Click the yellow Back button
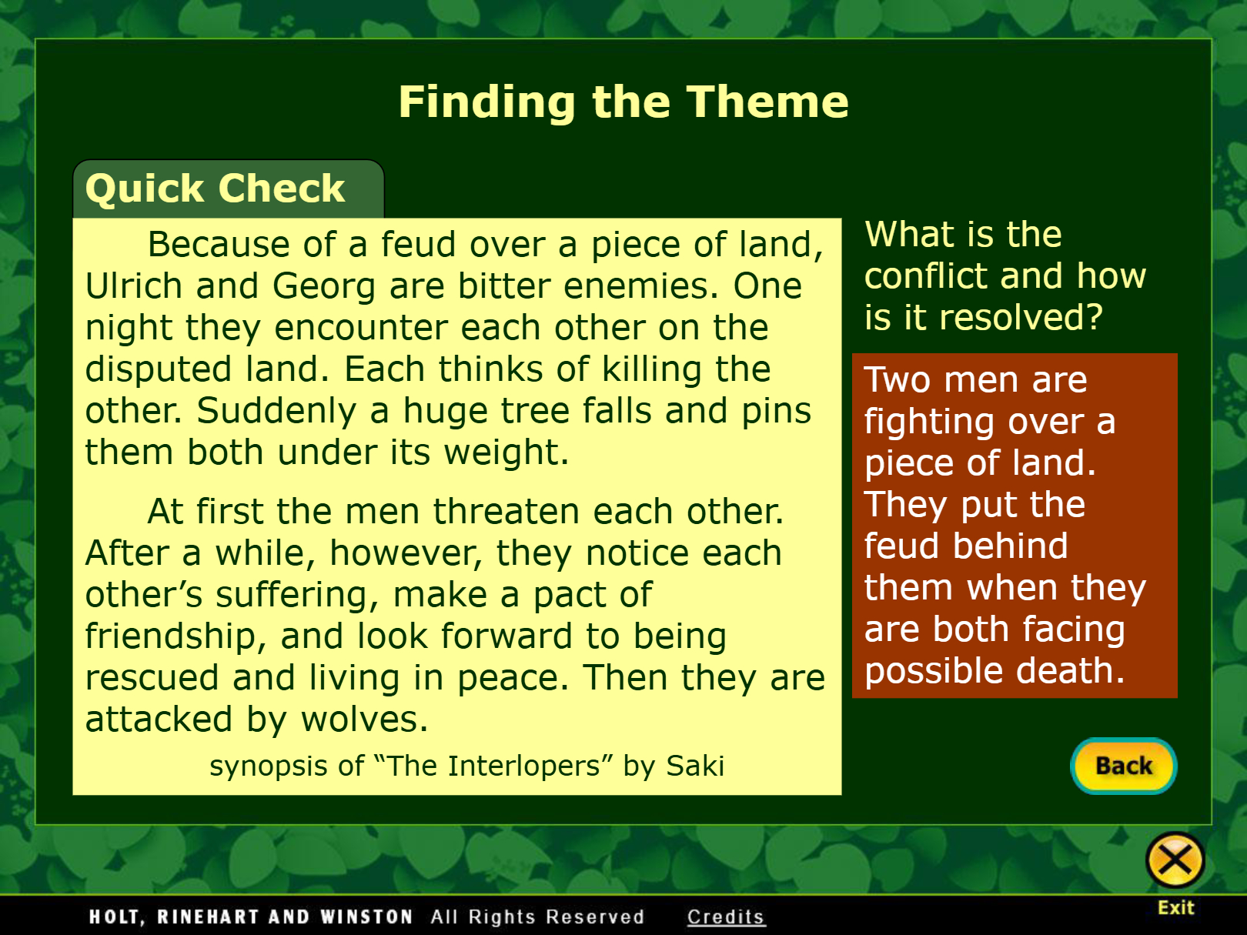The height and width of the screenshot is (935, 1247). coord(1123,766)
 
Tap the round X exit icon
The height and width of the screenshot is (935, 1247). coord(1175,860)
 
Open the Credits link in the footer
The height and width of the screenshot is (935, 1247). coord(725,917)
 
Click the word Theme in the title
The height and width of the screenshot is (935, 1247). coord(768,102)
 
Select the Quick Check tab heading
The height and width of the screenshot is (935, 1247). coord(216,189)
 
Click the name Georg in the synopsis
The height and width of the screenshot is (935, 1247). coord(324,287)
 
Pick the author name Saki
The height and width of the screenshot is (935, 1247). coord(695,765)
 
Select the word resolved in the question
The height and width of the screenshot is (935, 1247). coord(1021,317)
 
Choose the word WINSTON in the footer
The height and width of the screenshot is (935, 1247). coord(366,917)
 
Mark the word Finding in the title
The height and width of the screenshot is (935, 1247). coord(487,103)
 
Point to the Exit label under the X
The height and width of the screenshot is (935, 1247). coord(1176,908)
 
